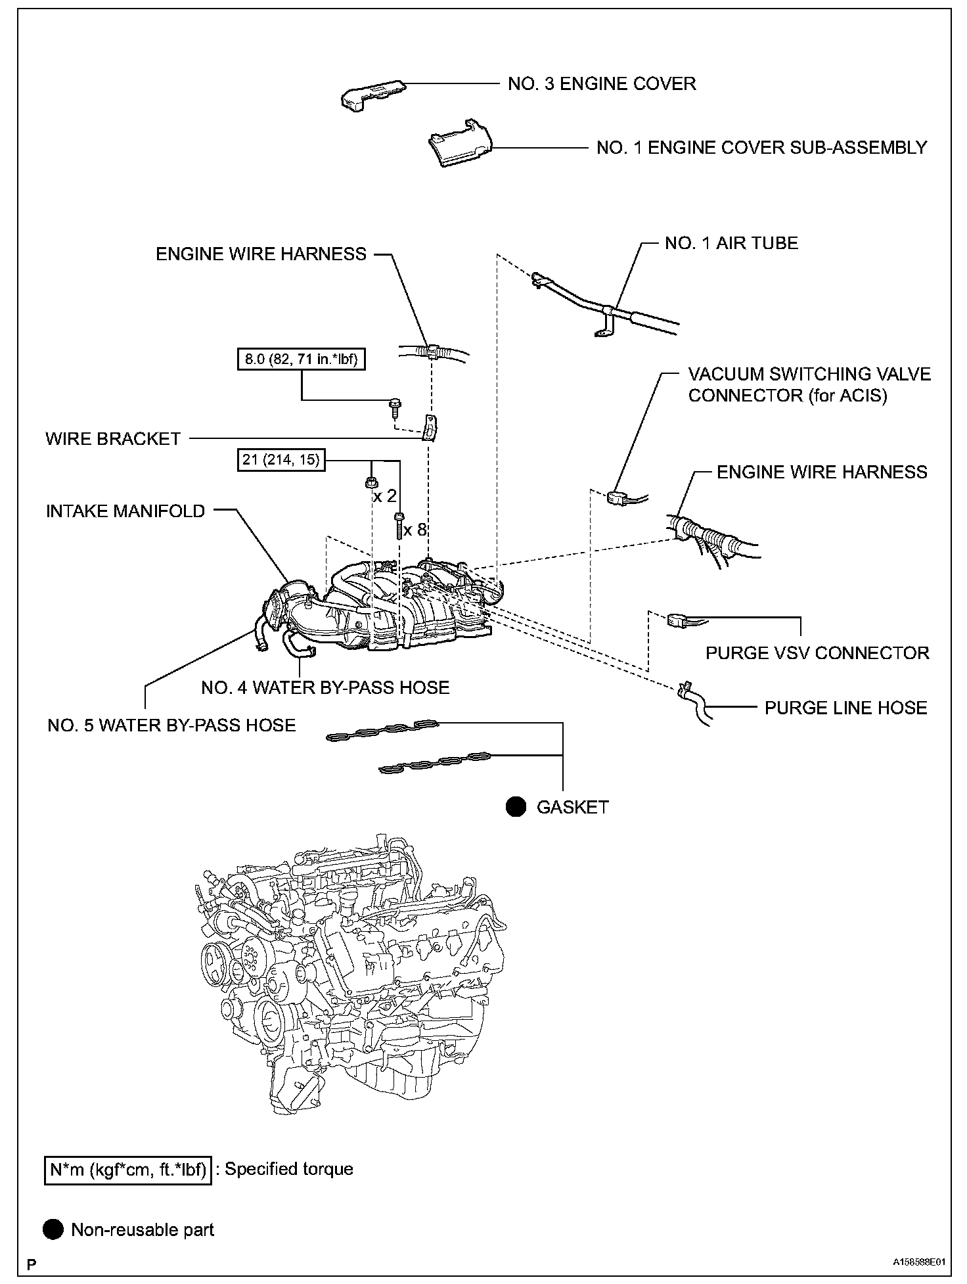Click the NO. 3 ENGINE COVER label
point(601,84)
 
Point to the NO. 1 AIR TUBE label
point(731,243)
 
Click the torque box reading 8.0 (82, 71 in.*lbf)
point(302,359)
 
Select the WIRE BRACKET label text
point(113,439)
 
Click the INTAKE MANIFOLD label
point(125,511)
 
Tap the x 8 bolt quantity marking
point(415,530)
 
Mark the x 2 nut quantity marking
point(385,496)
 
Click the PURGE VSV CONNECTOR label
point(817,653)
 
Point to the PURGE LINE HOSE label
point(845,708)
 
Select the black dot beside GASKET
point(516,807)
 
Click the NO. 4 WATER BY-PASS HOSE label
point(325,688)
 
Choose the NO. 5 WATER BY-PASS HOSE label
point(171,725)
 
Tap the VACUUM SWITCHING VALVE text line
point(809,375)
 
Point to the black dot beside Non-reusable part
point(54,1229)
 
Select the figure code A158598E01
point(918,1262)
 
